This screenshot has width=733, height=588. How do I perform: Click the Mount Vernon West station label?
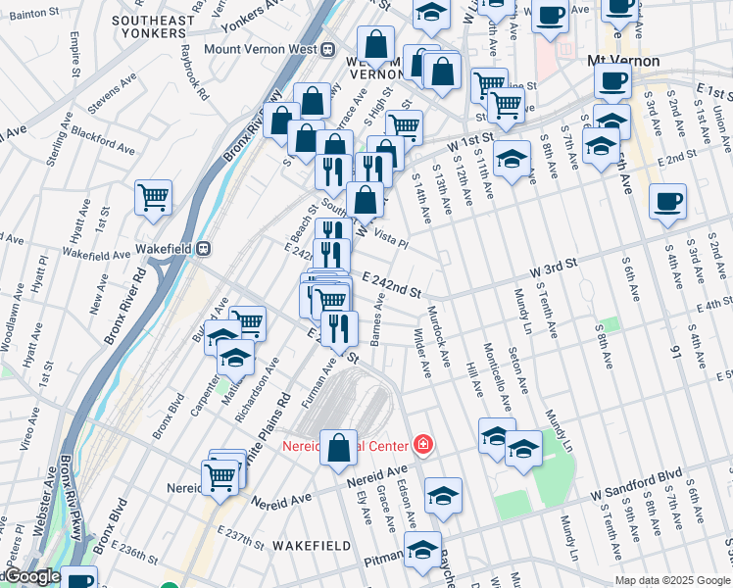(260, 49)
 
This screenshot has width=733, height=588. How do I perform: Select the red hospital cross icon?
(422, 445)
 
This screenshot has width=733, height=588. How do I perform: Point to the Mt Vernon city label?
(622, 61)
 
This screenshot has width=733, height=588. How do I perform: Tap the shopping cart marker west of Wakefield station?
(154, 196)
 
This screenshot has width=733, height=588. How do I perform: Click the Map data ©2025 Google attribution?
(672, 580)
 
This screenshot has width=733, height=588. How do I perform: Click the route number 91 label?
(674, 345)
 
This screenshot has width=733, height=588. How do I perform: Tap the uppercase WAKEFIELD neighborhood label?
(311, 544)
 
